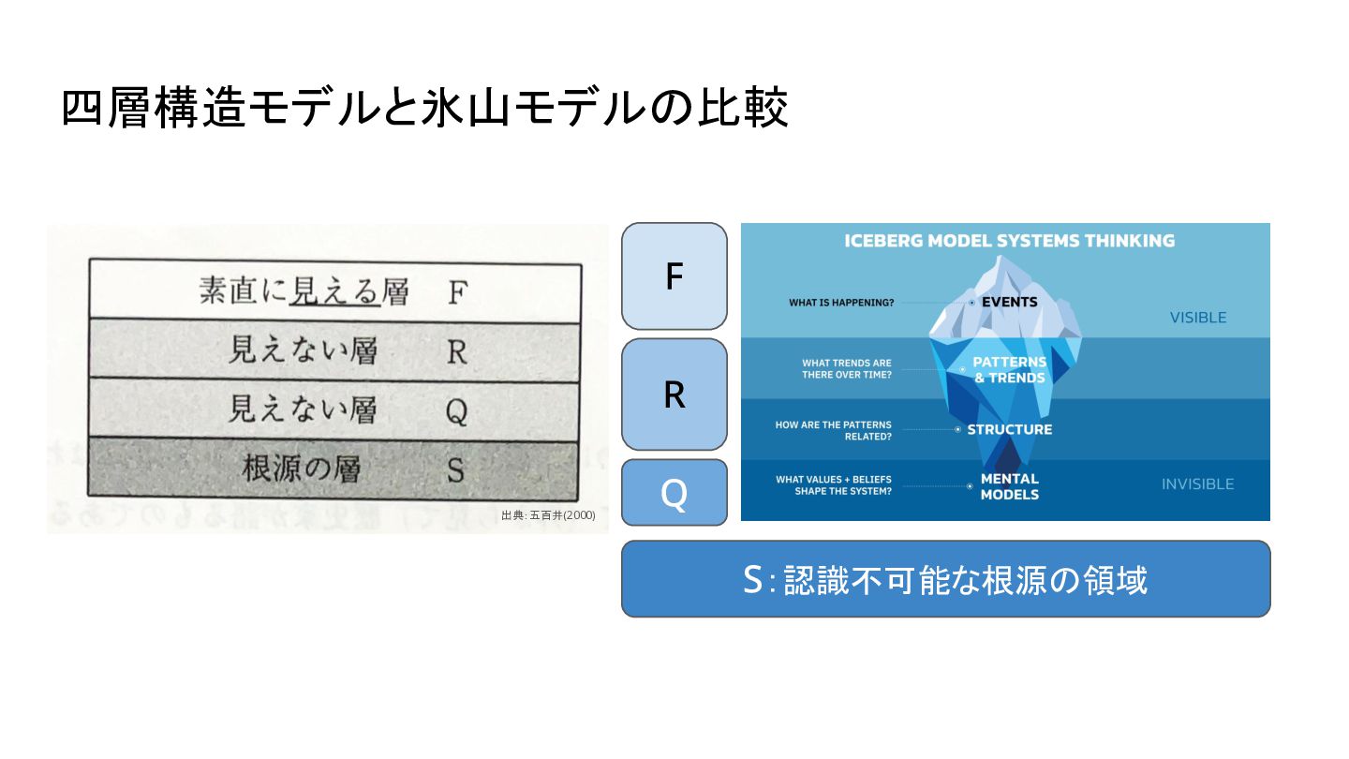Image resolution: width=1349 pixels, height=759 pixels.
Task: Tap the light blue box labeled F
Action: (x=674, y=276)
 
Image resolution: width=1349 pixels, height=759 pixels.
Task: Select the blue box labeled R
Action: (x=674, y=394)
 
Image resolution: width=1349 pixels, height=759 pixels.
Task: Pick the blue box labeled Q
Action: (x=674, y=493)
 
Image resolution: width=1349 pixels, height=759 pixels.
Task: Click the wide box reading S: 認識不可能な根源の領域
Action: (x=945, y=580)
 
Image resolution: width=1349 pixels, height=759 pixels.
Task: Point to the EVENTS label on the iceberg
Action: (x=1009, y=302)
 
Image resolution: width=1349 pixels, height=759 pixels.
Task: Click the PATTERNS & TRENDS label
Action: (x=1009, y=370)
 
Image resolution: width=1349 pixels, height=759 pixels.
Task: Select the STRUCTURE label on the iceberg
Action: (x=1009, y=429)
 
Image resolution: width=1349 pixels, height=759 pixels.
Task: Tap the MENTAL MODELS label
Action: (x=1009, y=486)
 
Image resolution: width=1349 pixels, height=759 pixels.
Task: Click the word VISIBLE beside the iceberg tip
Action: (x=1197, y=318)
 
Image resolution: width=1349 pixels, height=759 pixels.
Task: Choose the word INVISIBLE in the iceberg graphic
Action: (x=1197, y=484)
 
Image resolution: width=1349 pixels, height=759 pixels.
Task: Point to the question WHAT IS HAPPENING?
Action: (x=840, y=303)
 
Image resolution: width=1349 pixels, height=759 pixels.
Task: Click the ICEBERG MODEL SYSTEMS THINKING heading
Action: (x=1009, y=241)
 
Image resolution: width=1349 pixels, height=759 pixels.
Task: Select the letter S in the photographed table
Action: (x=455, y=469)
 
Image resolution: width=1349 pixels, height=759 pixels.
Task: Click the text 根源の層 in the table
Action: (x=301, y=469)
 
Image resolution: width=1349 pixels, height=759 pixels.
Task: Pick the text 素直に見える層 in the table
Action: (x=304, y=292)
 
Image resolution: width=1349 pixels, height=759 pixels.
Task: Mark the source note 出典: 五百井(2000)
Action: (x=548, y=515)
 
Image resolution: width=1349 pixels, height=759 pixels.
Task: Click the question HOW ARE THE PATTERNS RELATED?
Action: (x=833, y=430)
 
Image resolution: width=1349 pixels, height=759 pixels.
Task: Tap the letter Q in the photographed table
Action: (x=456, y=410)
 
